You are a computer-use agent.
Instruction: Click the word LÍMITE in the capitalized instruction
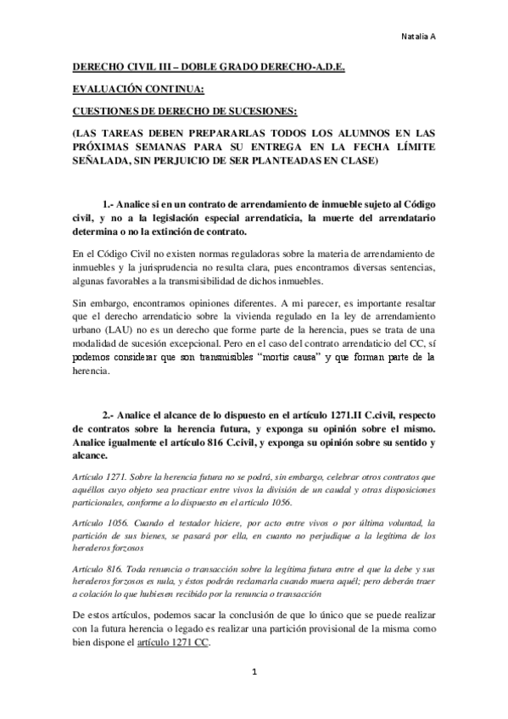coord(417,147)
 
